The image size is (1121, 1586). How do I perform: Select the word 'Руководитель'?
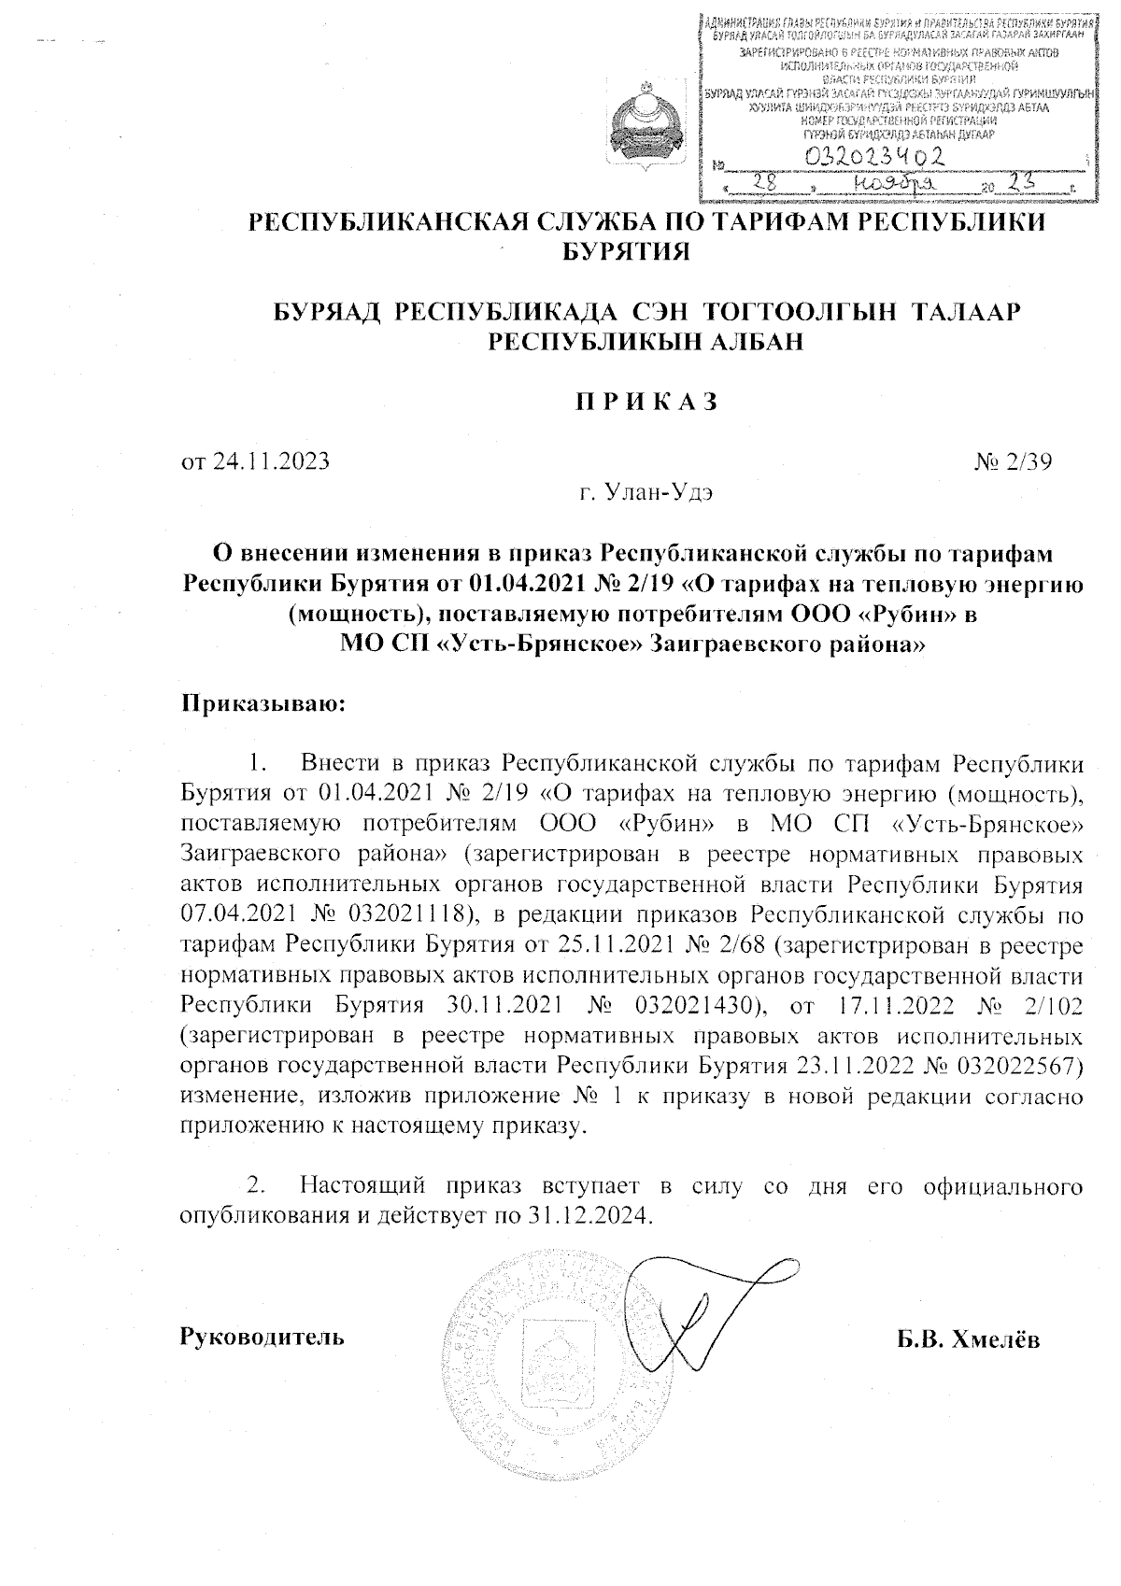(263, 1338)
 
